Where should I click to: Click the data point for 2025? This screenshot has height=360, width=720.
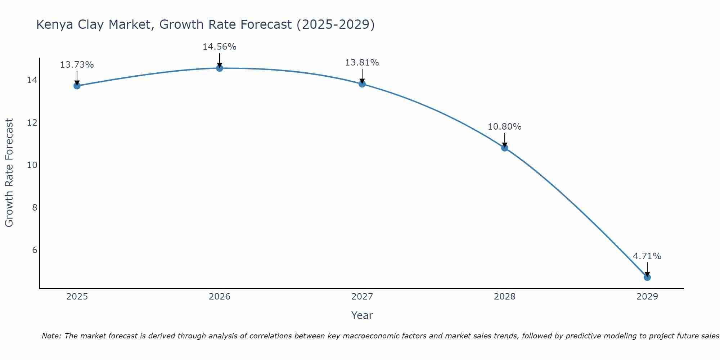click(x=77, y=86)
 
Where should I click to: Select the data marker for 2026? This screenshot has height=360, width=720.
click(x=220, y=68)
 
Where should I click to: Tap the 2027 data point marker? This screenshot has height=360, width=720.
click(x=362, y=84)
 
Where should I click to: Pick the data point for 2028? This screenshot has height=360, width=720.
click(x=505, y=148)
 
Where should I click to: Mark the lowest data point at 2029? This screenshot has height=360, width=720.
click(x=647, y=277)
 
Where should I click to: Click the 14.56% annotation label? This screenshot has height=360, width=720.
click(x=219, y=47)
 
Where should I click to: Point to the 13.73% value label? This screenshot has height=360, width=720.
click(x=77, y=65)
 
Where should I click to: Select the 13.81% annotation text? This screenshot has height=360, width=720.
click(x=362, y=63)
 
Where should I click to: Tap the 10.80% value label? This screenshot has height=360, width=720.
click(x=504, y=127)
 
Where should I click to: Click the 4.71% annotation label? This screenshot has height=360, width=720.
click(x=647, y=256)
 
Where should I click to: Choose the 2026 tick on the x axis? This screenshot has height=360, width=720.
click(x=220, y=297)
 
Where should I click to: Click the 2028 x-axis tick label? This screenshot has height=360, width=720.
click(x=505, y=297)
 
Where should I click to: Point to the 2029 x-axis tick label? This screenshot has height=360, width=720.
click(x=647, y=297)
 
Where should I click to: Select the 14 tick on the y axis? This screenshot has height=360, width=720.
click(x=32, y=80)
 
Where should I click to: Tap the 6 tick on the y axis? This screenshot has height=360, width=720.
click(x=35, y=250)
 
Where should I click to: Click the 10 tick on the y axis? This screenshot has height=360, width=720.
click(x=32, y=165)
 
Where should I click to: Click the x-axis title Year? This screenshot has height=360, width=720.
click(x=362, y=315)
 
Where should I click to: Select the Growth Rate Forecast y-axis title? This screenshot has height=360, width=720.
click(x=9, y=173)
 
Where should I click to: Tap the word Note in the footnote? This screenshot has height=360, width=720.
click(x=51, y=336)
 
